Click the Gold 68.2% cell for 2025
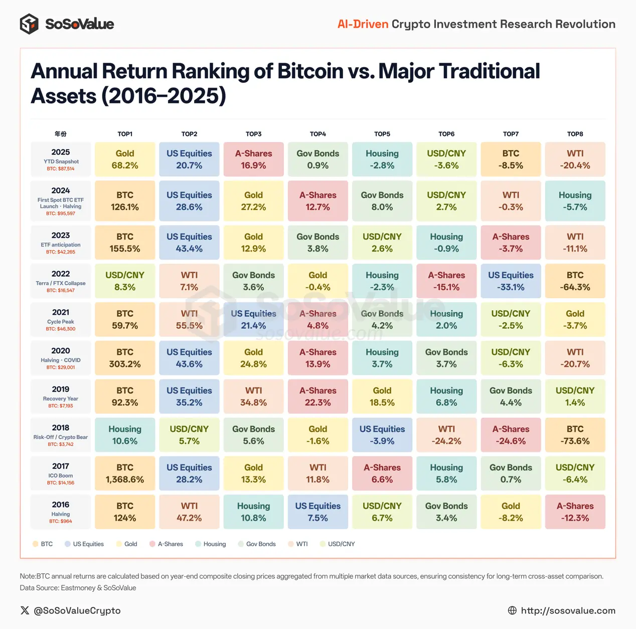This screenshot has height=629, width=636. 125,160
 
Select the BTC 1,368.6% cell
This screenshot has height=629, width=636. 125,473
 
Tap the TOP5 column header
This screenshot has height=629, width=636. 382,134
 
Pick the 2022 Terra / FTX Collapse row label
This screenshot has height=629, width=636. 61,282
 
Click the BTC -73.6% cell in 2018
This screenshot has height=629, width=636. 575,435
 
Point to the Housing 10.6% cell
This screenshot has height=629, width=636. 125,435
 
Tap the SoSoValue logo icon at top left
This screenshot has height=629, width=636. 29,24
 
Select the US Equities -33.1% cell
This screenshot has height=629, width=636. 511,282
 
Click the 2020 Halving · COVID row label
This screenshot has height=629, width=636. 61,358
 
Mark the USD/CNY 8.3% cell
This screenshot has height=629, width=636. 125,282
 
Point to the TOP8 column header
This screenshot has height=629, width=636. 575,134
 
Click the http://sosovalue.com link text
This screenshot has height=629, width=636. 568,610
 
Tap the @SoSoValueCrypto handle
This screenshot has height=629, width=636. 77,610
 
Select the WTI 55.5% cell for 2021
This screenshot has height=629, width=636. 189,320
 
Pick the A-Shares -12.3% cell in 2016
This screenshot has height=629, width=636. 575,512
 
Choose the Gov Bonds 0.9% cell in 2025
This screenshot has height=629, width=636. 318,160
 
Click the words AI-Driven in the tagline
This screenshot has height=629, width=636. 363,24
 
